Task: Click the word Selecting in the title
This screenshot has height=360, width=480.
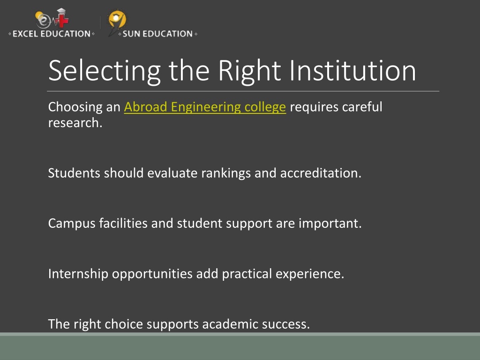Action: pos(105,71)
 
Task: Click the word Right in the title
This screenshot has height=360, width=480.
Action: pos(249,71)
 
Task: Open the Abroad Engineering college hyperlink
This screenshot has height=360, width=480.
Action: pos(205,107)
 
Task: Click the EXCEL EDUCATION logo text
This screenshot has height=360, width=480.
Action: pos(52,34)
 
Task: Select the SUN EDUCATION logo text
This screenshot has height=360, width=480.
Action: pos(157,34)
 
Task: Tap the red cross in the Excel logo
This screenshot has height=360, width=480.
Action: pos(63,20)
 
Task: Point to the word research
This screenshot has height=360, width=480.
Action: pos(75,123)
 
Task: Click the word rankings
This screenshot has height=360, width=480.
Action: pos(226,173)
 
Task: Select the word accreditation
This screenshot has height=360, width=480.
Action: pos(321,173)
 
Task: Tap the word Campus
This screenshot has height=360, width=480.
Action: pos(72,224)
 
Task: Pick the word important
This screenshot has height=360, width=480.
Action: pos(330,224)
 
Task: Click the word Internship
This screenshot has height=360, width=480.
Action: pos(78,274)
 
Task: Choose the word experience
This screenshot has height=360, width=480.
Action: pos(310,274)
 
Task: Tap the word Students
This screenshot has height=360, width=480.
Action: pos(74,173)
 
